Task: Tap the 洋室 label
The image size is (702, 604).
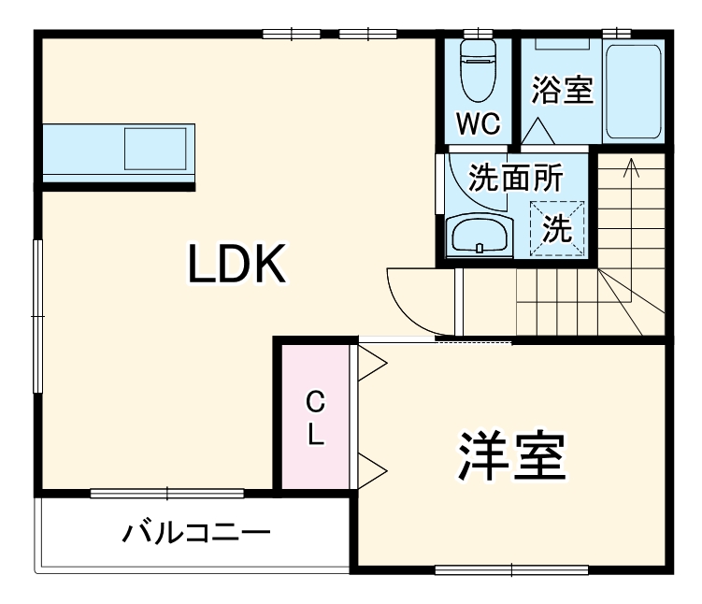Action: point(512,456)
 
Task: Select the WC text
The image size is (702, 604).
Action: point(478,123)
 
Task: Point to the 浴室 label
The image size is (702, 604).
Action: point(563,90)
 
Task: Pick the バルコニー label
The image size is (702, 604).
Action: point(197,535)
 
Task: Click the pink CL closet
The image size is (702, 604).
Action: point(315,417)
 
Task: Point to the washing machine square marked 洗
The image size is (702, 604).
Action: point(558,227)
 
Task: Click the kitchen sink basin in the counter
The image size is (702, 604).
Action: point(156,149)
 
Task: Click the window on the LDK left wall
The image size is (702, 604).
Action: point(37,316)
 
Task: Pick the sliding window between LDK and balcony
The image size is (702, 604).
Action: point(167,493)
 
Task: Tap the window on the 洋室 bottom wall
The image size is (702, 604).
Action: point(512,569)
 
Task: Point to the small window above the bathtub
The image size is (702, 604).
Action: point(616,34)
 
